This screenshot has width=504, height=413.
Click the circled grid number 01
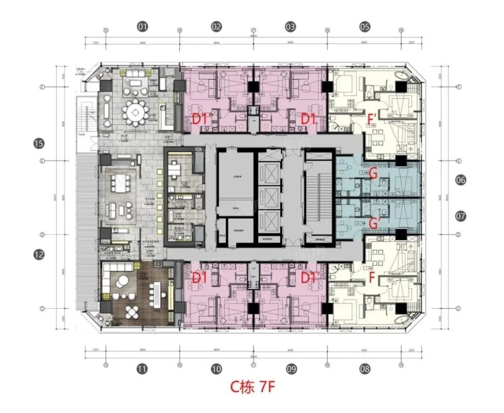[x=142, y=27]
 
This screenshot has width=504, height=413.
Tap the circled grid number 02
[x=216, y=27]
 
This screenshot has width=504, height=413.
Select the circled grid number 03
[x=290, y=27]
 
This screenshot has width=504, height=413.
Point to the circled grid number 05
[x=365, y=27]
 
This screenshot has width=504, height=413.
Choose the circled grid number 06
[x=461, y=180]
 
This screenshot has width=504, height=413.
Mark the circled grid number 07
[x=461, y=216]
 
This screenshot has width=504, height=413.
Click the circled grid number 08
[x=365, y=369]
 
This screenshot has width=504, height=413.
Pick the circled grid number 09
[x=291, y=369]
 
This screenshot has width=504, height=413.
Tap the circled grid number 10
[x=216, y=369]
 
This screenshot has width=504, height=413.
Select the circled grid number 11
[x=142, y=369]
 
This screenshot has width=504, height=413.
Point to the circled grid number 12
[x=39, y=254]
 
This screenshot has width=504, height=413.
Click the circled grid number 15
[x=39, y=144]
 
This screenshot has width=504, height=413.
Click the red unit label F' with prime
[x=372, y=119]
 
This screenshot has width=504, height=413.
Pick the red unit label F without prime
[x=372, y=278]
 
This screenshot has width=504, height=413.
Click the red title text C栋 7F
[x=252, y=387]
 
